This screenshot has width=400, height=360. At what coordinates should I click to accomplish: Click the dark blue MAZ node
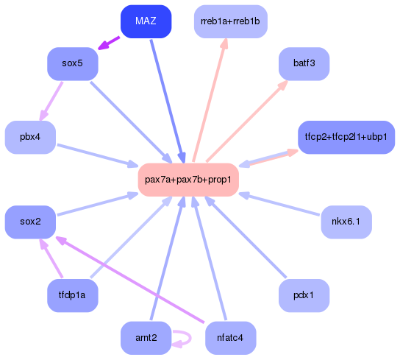[x=146, y=21]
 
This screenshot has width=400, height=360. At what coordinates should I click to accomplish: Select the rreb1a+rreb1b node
[x=230, y=21]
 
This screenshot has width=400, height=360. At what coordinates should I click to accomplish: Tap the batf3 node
[x=304, y=64]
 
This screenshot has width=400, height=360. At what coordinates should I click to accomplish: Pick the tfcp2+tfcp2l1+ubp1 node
[x=346, y=138]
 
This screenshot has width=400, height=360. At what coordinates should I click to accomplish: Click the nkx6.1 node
[x=346, y=222]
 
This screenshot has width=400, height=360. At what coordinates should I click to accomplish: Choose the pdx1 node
[x=304, y=295]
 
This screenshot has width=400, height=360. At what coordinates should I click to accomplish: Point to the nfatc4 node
[x=230, y=338]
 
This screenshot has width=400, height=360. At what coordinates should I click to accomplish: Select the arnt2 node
[x=146, y=338]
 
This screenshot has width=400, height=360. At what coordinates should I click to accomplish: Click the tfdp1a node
[x=73, y=295]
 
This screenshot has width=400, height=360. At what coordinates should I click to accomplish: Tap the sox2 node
[x=30, y=222]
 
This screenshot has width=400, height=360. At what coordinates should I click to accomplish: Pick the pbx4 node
[x=30, y=138]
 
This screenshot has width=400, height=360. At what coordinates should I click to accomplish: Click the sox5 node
[x=73, y=64]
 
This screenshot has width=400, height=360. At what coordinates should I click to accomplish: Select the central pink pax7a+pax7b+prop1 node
[x=188, y=180]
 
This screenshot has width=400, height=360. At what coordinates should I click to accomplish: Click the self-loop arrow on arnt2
[x=185, y=339]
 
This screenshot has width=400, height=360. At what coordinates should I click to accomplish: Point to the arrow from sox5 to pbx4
[x=51, y=101]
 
